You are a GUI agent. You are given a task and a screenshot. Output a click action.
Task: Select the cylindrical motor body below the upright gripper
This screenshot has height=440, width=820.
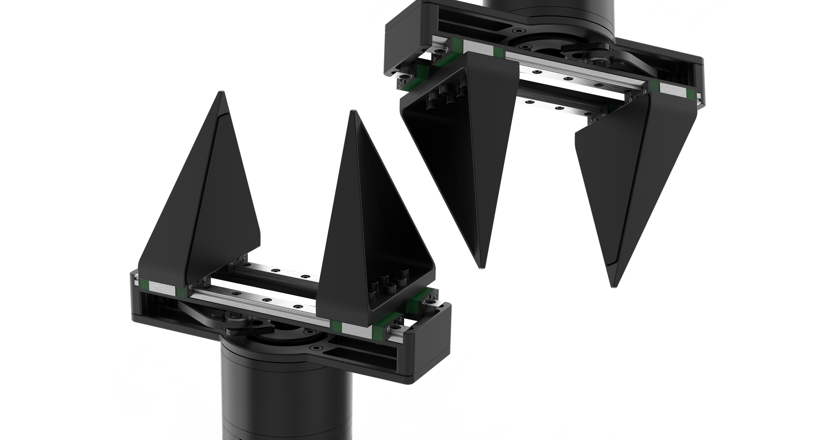(287, 398)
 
